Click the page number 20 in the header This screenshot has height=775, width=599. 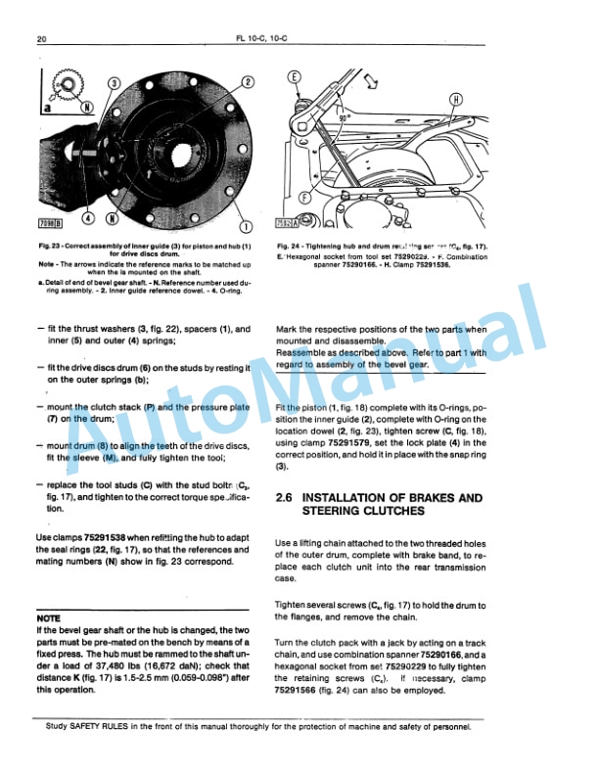[x=42, y=39]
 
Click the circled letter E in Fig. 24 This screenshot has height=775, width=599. [x=295, y=77]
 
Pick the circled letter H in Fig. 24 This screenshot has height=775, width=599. [x=456, y=99]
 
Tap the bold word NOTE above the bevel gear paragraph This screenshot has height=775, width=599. [x=49, y=619]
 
